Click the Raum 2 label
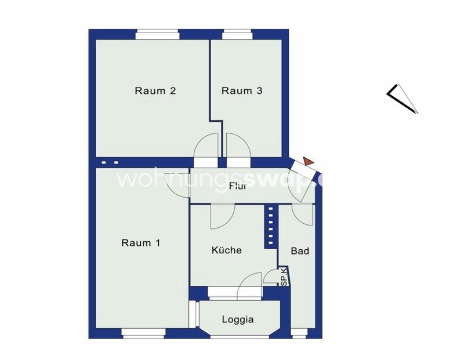point(155,90)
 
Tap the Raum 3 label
point(242,90)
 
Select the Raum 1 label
point(140,243)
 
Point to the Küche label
point(226,250)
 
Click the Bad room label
point(300,251)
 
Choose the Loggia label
point(238,319)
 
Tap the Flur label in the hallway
point(238,186)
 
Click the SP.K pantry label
point(284,277)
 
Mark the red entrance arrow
point(309,161)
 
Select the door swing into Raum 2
point(206,146)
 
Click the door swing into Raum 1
point(177,186)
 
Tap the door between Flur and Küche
point(222,216)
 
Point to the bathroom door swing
point(303,214)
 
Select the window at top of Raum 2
point(156,35)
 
